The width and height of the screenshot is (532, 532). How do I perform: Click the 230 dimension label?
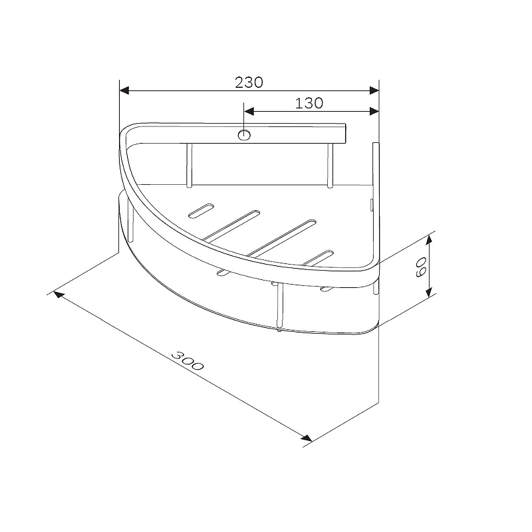[249, 82]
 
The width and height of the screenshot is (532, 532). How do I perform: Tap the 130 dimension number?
[309, 103]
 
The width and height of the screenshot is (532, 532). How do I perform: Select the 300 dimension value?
[188, 360]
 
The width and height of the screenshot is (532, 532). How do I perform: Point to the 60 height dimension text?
[421, 267]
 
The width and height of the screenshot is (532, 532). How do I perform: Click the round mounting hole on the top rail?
[244, 135]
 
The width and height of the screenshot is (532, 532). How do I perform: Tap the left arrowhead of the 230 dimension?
[124, 90]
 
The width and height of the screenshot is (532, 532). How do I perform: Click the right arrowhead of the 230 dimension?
[374, 90]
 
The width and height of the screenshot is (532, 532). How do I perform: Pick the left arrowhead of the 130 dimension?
[249, 111]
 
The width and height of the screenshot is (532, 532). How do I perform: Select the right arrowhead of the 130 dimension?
[374, 111]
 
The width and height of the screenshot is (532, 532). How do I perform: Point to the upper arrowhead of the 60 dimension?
[429, 240]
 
